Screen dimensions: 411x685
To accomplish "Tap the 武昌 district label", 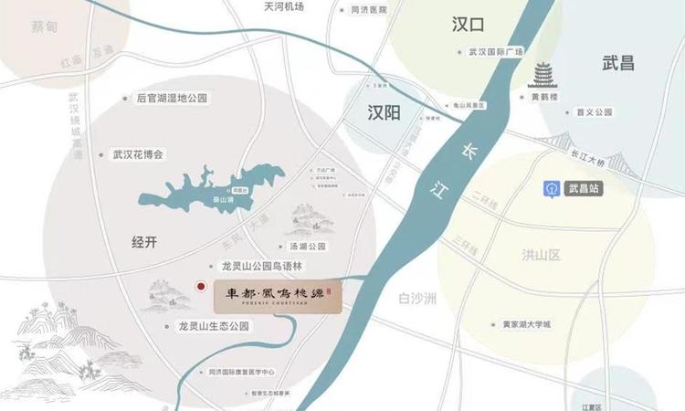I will (x=618, y=64).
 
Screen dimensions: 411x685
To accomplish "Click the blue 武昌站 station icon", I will (x=552, y=188).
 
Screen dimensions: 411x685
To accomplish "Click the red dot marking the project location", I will (x=201, y=287).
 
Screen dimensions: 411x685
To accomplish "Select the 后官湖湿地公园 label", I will (x=172, y=98).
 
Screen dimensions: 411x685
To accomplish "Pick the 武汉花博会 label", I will (x=137, y=155).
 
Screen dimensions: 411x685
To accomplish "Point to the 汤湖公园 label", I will (x=308, y=247).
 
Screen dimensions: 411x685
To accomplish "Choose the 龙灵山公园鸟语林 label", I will (x=255, y=267).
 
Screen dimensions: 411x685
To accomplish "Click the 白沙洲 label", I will (x=419, y=299).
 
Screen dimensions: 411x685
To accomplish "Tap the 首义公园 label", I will (x=593, y=112).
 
